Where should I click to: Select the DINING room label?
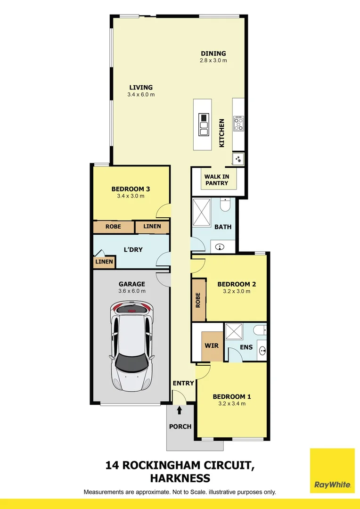point(213,53)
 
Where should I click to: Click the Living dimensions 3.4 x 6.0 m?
point(141,95)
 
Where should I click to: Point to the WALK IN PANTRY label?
point(216,180)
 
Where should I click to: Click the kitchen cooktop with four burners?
point(238,123)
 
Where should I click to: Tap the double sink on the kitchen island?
point(204,124)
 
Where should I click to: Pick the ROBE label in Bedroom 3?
point(113,227)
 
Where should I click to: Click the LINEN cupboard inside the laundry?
point(104,262)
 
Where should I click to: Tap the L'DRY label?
point(133,249)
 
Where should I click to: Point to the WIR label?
point(211,346)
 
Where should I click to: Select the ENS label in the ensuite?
point(246,347)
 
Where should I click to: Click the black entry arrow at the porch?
point(179,410)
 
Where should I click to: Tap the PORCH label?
point(180,427)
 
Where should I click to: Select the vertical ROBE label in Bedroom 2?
point(198,300)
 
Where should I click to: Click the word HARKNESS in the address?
point(180,478)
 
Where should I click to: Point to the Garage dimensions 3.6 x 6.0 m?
point(131,291)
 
